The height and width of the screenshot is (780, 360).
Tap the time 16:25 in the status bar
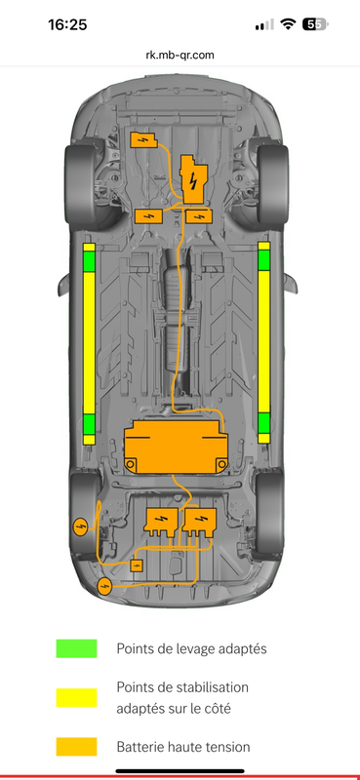coord(67,24)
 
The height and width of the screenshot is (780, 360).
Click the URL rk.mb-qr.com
coord(180,56)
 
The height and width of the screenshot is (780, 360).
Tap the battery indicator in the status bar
coord(316,23)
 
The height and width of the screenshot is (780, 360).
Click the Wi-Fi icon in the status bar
coord(288,23)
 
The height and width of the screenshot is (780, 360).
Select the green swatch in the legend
coord(76,648)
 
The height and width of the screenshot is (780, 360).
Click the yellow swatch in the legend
coord(76,697)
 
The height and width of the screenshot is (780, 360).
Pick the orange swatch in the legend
coord(76,746)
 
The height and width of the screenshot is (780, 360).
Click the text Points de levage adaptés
coord(191,648)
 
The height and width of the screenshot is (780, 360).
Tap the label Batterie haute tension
coord(183,746)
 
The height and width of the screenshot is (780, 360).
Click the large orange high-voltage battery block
coord(176,447)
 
